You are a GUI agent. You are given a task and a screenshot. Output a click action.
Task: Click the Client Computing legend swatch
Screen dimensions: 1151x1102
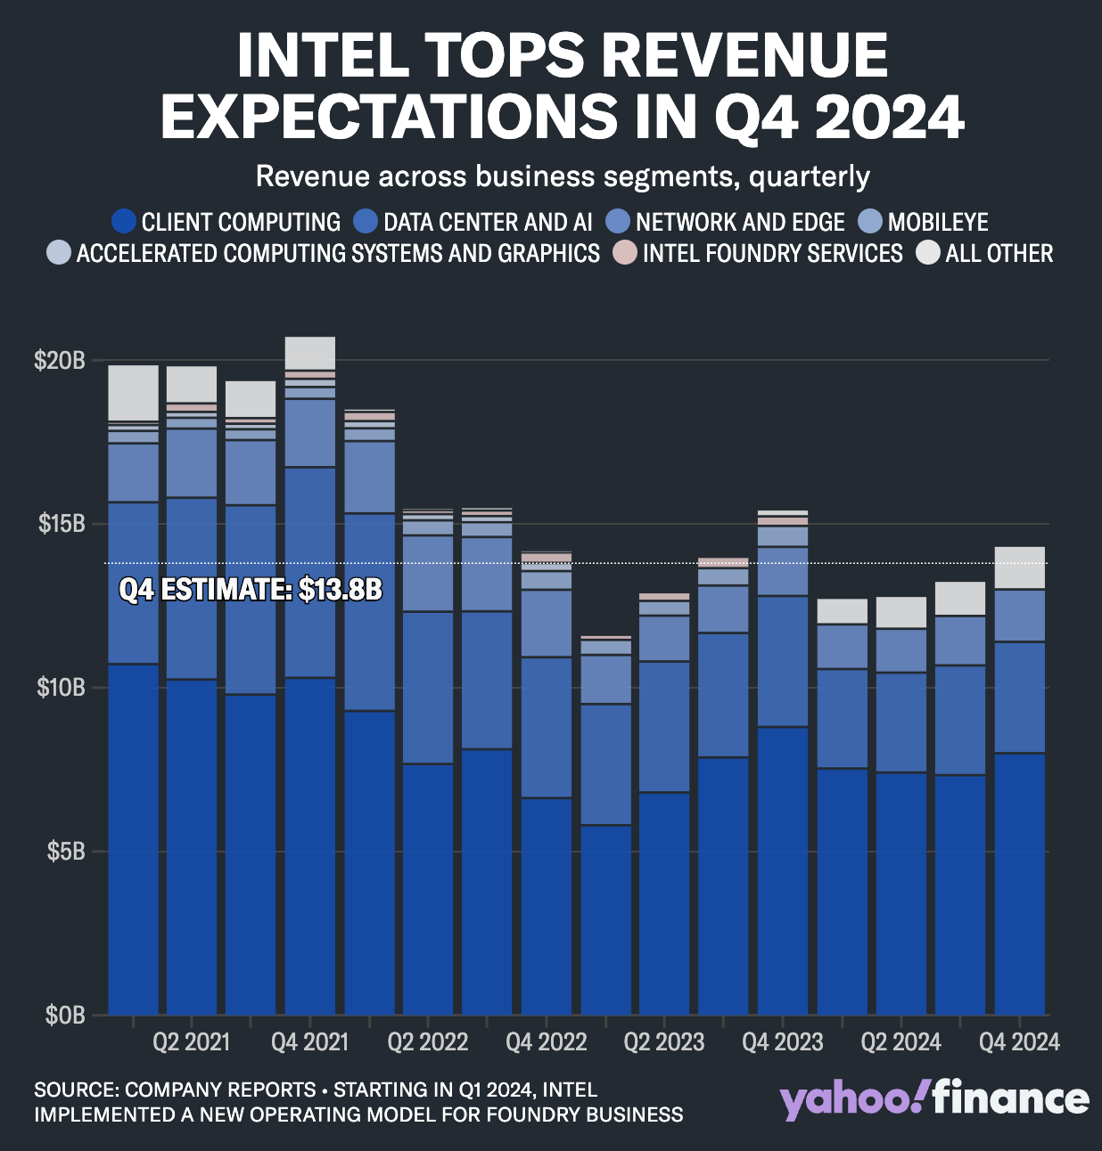[124, 222]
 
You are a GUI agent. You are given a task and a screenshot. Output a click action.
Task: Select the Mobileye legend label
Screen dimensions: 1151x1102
[937, 222]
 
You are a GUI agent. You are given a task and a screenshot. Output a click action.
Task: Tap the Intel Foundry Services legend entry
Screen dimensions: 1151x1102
[772, 254]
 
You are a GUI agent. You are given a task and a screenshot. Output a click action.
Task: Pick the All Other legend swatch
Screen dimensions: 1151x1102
[929, 254]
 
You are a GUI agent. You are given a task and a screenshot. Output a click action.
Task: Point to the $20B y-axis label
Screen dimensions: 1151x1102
[60, 361]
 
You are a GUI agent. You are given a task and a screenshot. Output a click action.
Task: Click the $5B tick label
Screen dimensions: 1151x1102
[66, 851]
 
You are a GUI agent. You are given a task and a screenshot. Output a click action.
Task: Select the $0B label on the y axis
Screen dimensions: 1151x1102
[65, 1015]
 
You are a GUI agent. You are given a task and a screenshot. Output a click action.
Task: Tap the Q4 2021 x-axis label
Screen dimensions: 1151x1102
[309, 1041]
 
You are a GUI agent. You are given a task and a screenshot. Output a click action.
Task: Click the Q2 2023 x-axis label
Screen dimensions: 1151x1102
[663, 1041]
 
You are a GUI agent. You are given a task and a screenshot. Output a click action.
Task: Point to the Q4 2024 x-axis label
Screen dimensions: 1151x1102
[1018, 1041]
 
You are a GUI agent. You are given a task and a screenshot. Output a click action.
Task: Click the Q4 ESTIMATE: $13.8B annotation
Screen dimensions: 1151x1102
[251, 589]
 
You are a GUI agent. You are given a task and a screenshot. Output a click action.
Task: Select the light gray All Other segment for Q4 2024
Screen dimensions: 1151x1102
[1019, 567]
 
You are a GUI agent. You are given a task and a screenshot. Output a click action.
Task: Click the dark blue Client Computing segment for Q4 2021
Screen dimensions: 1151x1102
[310, 846]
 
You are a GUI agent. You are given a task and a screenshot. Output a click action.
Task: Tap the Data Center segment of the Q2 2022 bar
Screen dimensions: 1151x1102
[428, 687]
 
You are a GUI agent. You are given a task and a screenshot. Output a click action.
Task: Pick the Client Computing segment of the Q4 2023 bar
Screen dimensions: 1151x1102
[782, 870]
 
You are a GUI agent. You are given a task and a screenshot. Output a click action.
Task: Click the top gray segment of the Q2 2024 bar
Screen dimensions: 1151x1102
[901, 612]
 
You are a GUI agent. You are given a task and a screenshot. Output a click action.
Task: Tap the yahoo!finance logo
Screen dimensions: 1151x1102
[934, 1100]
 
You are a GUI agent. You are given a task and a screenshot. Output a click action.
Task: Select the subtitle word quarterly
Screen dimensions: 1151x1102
[809, 176]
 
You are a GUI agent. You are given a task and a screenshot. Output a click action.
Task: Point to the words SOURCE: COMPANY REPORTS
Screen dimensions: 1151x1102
[175, 1090]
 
